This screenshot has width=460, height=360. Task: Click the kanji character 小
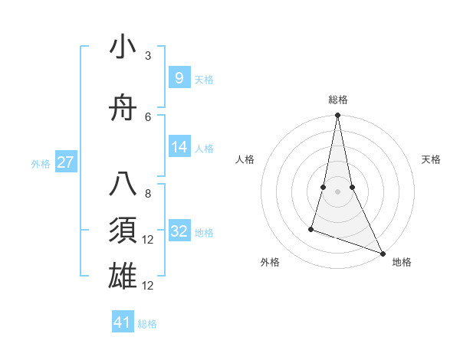coord(123,47)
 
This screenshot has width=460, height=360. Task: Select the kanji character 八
coord(123,186)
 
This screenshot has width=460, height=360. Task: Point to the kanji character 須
coord(123,231)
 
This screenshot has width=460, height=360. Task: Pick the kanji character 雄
coord(123,275)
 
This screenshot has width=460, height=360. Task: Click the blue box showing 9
coord(179,78)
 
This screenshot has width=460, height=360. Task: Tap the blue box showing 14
coord(179,147)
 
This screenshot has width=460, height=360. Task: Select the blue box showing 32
coord(179,231)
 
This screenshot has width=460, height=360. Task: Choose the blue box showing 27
coord(65,162)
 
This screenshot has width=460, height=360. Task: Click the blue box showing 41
coord(123,322)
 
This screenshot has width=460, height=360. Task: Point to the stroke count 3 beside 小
coord(148,56)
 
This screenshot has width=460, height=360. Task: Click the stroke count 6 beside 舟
coord(148,117)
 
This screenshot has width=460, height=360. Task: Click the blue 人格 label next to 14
coord(204,149)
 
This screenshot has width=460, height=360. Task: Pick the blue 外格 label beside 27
coord(41,164)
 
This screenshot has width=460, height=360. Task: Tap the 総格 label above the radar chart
coord(338,100)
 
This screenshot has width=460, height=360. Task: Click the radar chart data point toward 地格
coord(382,253)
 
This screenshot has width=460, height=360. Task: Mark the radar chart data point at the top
coord(337,116)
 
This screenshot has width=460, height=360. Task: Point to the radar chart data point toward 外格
coord(311,228)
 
